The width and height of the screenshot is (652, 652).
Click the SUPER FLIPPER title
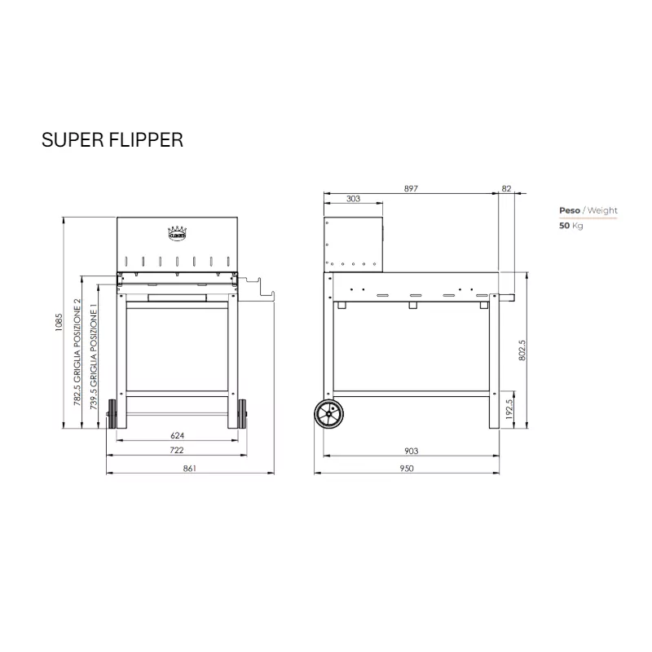(112, 139)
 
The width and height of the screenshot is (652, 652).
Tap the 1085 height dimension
(59, 322)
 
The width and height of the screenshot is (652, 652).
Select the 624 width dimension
(177, 435)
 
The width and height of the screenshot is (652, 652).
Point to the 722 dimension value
(177, 450)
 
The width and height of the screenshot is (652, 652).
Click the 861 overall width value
(190, 468)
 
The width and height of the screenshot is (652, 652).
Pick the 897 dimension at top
(411, 188)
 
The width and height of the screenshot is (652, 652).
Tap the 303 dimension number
(353, 199)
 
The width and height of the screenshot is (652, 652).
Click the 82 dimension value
(506, 188)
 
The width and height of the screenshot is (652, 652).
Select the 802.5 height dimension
(522, 350)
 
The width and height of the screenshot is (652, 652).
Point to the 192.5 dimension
(509, 409)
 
